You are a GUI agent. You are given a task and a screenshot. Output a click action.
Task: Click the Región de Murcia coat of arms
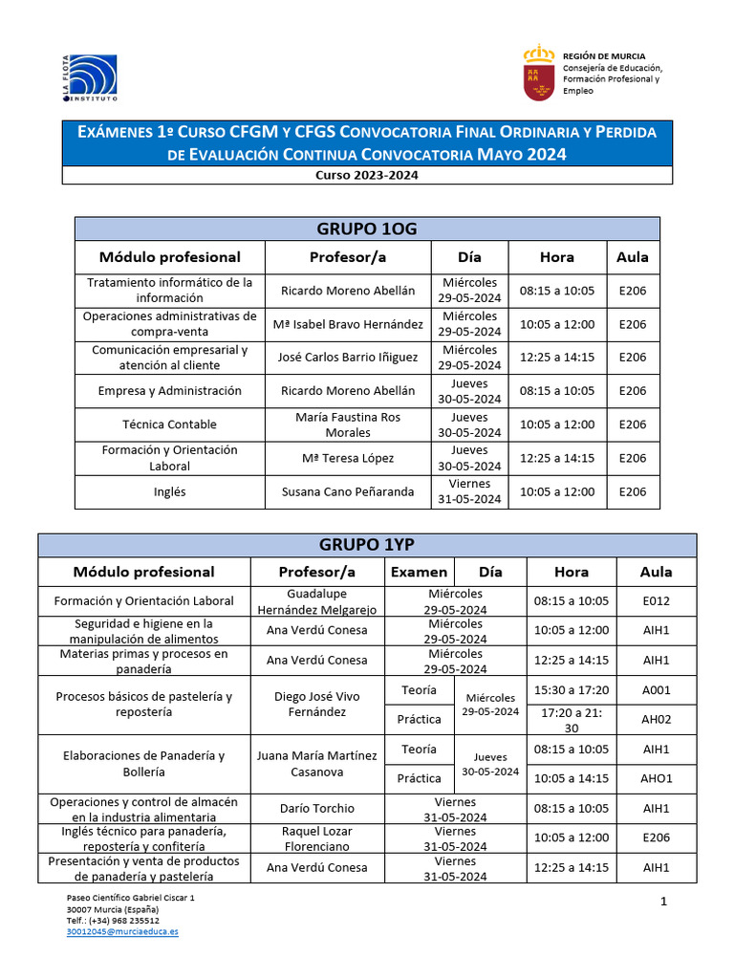pyautogui.click(x=539, y=73)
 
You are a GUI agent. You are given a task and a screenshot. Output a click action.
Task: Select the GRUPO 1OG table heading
pyautogui.click(x=367, y=228)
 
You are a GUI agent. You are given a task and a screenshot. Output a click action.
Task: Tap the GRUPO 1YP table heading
pyautogui.click(x=367, y=545)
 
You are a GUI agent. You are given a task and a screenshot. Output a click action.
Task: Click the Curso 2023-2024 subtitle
pyautogui.click(x=367, y=175)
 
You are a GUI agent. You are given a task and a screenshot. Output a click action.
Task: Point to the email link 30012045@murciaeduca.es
pyautogui.click(x=122, y=930)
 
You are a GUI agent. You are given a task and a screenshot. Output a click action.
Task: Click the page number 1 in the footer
pyautogui.click(x=663, y=902)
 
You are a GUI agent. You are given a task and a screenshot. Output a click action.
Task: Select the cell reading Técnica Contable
pyautogui.click(x=169, y=424)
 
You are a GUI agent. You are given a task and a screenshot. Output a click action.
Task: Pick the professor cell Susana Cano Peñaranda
pyautogui.click(x=348, y=491)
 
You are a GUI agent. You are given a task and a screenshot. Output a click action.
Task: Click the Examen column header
pyautogui.click(x=419, y=572)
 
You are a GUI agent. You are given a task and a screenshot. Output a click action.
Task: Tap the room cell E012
pyautogui.click(x=656, y=601)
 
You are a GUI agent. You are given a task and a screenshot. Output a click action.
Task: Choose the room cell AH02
pyautogui.click(x=656, y=719)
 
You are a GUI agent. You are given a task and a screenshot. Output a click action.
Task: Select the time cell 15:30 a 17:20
pyautogui.click(x=572, y=689)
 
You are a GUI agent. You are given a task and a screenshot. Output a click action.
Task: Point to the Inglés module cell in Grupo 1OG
pyautogui.click(x=169, y=491)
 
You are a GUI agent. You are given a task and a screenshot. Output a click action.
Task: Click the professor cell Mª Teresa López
pyautogui.click(x=348, y=458)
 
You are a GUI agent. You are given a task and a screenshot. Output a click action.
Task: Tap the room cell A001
pyautogui.click(x=656, y=689)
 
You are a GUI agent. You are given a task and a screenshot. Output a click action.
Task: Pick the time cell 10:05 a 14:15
pyautogui.click(x=572, y=778)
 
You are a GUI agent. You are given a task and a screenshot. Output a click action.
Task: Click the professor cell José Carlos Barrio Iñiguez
pyautogui.click(x=348, y=358)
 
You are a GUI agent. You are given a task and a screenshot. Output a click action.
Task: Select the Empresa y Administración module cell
pyautogui.click(x=169, y=391)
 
